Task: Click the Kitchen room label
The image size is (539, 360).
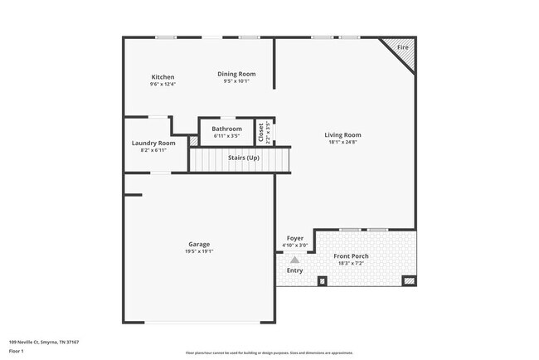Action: [x=163, y=77]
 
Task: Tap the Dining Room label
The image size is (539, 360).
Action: [x=236, y=74]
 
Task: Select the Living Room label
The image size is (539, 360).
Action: [x=342, y=134]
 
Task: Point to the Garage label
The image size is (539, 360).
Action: [x=199, y=244]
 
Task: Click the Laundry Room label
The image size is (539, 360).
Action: [x=153, y=143]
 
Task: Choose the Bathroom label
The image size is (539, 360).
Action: [x=226, y=129]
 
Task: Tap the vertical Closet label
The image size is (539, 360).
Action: [x=262, y=132]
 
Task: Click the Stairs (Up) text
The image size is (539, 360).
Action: [x=242, y=157]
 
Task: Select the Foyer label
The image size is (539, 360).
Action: [x=295, y=238]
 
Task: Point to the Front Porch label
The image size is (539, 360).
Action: [x=352, y=255]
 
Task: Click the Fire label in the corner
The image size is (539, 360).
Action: [x=403, y=47]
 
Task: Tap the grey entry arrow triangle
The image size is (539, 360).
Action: [x=294, y=260]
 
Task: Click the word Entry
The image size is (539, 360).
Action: [x=294, y=270]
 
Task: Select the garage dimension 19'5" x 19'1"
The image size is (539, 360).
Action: [x=199, y=251]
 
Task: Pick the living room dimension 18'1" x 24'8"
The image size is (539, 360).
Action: [x=342, y=142]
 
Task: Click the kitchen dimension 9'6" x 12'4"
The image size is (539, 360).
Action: [x=163, y=84]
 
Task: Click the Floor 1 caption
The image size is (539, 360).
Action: [x=17, y=351]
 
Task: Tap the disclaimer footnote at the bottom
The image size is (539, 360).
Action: [x=269, y=353]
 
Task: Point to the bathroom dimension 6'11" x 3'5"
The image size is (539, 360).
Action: [x=226, y=136]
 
